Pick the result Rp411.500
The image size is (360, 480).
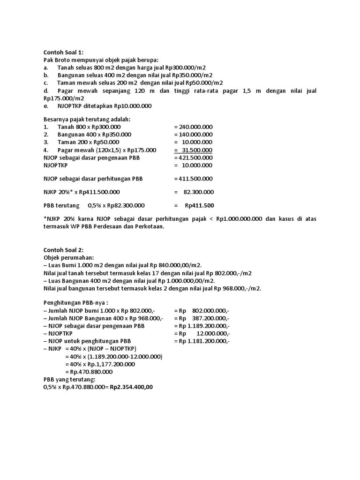199,205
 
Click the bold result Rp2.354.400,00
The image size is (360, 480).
131,387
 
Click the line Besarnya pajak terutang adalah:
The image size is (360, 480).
87,119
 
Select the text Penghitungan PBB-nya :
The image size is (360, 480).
75,303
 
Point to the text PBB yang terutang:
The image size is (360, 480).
69,379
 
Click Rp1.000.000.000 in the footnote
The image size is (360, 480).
239,219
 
